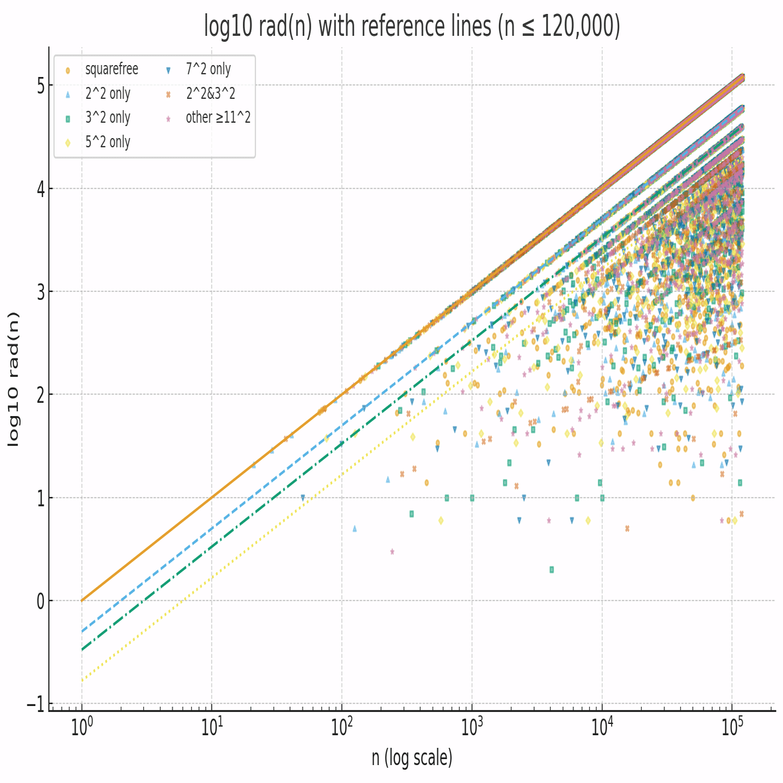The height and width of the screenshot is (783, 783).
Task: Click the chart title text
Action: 411,27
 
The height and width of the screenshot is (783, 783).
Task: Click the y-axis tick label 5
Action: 40,86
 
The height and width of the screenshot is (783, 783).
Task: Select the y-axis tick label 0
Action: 40,601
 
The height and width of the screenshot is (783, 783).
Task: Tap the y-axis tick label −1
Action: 36,704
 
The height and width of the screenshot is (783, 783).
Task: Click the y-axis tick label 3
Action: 40,292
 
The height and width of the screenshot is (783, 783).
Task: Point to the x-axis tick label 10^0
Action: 82,727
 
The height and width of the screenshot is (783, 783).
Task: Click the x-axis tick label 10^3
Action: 472,727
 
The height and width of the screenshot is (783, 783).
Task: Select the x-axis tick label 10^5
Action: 732,727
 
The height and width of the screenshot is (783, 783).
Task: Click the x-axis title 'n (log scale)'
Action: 411,757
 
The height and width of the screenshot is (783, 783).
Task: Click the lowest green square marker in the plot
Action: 551,569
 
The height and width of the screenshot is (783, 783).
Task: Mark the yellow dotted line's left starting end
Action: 82,679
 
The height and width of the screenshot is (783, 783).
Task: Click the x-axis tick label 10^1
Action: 212,727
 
